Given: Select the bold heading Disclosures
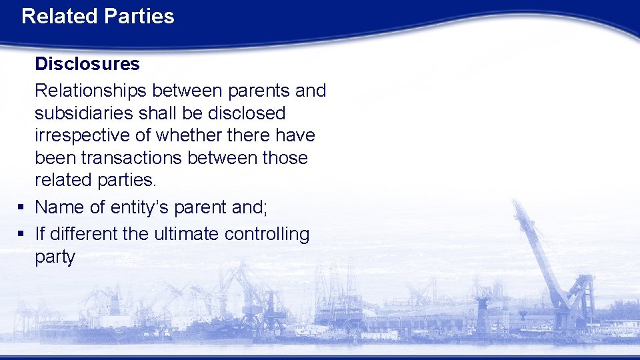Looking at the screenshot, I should pyautogui.click(x=87, y=64).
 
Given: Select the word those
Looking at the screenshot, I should pyautogui.click(x=285, y=158).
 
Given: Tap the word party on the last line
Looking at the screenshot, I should pyautogui.click(x=55, y=257).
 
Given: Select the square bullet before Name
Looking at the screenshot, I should pyautogui.click(x=21, y=208).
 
